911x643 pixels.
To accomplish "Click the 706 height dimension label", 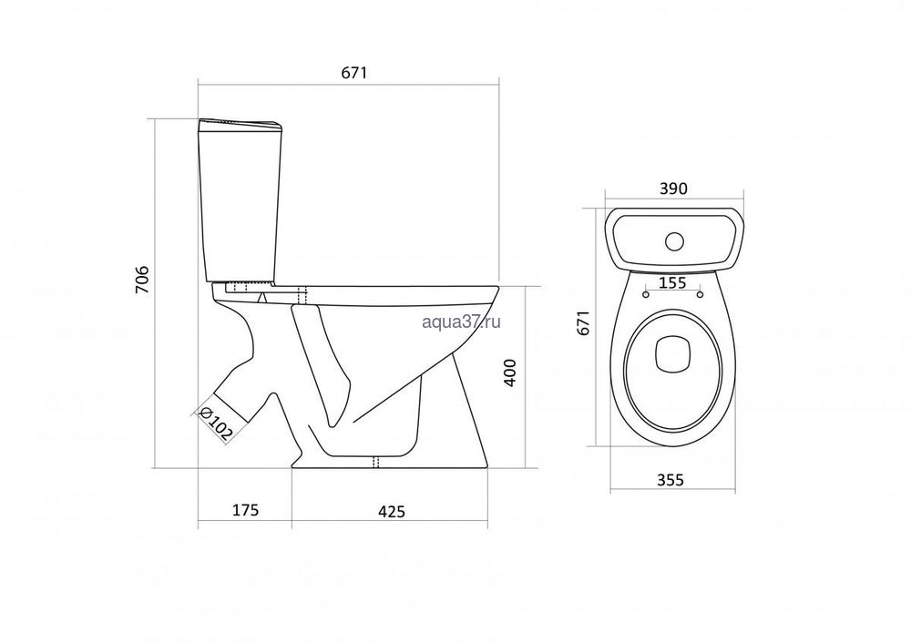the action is click(x=143, y=279).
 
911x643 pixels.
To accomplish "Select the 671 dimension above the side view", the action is click(x=354, y=73).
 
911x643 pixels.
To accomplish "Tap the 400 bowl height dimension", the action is click(x=509, y=373).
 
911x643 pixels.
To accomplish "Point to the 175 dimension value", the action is click(x=245, y=510).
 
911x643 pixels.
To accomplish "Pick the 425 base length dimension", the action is click(x=392, y=511).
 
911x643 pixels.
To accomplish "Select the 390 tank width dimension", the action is click(x=674, y=189).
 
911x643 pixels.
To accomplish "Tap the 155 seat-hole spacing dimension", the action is click(x=674, y=283).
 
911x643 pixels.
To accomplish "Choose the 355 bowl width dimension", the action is click(x=670, y=480).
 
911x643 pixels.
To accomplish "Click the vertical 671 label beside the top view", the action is click(x=584, y=322).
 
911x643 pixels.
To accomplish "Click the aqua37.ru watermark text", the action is click(x=461, y=321).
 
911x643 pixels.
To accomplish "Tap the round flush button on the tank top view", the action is click(x=674, y=241).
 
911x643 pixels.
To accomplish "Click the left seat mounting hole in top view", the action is click(x=646, y=294).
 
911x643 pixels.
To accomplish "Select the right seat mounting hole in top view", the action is click(x=700, y=294).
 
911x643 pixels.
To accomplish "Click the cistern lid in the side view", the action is click(x=240, y=125).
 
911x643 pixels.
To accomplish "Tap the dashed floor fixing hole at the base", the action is click(x=375, y=461).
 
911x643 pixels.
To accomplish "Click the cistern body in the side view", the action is click(x=240, y=206).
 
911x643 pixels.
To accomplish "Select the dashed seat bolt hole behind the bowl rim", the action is click(x=302, y=294).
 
